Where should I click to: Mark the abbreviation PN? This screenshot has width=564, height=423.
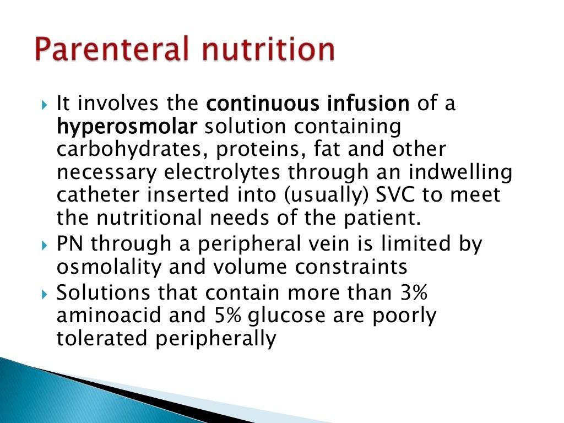click(69, 244)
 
